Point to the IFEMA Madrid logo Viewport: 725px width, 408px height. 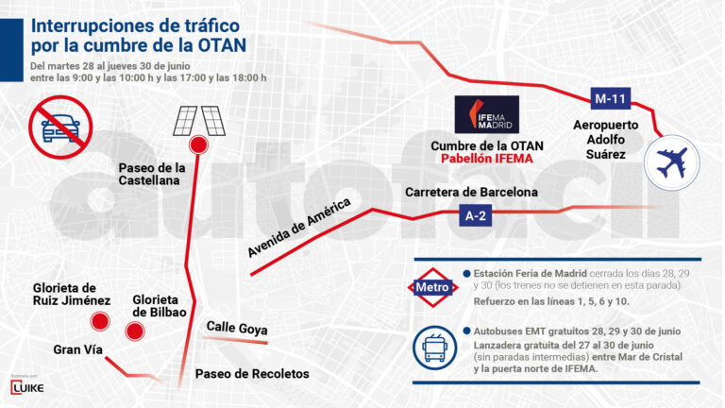pyautogui.click(x=487, y=114)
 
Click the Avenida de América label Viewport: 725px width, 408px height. pyautogui.click(x=299, y=227)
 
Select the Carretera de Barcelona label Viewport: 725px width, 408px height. pyautogui.click(x=471, y=192)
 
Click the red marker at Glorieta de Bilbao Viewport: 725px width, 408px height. pyautogui.click(x=134, y=331)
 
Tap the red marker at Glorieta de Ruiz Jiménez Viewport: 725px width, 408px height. pyautogui.click(x=98, y=322)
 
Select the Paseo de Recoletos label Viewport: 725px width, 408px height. pyautogui.click(x=252, y=374)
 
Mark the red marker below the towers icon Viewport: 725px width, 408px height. pyautogui.click(x=198, y=144)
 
